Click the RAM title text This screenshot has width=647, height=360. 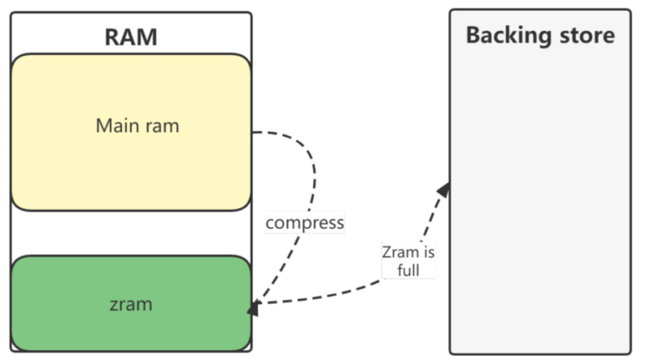pyautogui.click(x=131, y=37)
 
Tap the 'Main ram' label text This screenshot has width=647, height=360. pyautogui.click(x=137, y=126)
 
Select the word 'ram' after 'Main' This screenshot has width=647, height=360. pyautogui.click(x=162, y=126)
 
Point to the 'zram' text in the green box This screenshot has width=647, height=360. pyautogui.click(x=130, y=304)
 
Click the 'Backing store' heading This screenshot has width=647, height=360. pyautogui.click(x=539, y=36)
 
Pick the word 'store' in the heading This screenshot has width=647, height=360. pyautogui.click(x=586, y=36)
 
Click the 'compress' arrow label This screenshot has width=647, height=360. pyautogui.click(x=305, y=222)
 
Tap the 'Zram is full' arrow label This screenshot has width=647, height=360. pyautogui.click(x=408, y=260)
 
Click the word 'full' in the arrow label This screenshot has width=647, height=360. pyautogui.click(x=408, y=270)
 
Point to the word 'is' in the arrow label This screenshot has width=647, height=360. pyautogui.click(x=429, y=252)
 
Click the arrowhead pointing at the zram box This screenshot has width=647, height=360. pyautogui.click(x=254, y=307)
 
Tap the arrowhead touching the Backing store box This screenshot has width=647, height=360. pyautogui.click(x=444, y=189)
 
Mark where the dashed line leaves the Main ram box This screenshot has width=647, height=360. pyautogui.click(x=254, y=132)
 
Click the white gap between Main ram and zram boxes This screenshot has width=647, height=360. pyautogui.click(x=130, y=233)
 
